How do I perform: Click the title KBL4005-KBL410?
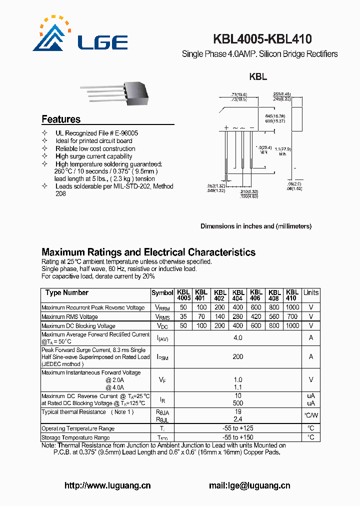[262, 39]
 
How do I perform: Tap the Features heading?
[61, 119]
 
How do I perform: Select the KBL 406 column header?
[256, 295]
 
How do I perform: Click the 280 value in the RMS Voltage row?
[238, 316]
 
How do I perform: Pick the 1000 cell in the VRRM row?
[292, 307]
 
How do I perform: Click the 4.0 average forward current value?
[238, 338]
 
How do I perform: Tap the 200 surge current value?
[238, 356]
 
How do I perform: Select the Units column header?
[311, 292]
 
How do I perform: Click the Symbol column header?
[162, 293]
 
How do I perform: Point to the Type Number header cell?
[67, 292]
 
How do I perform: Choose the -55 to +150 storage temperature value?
[238, 437]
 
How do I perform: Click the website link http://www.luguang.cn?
[107, 485]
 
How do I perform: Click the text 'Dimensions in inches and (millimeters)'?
[256, 226]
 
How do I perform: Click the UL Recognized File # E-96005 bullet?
[96, 133]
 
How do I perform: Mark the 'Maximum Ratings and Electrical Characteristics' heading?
[148, 252]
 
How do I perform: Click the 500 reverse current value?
[238, 403]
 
